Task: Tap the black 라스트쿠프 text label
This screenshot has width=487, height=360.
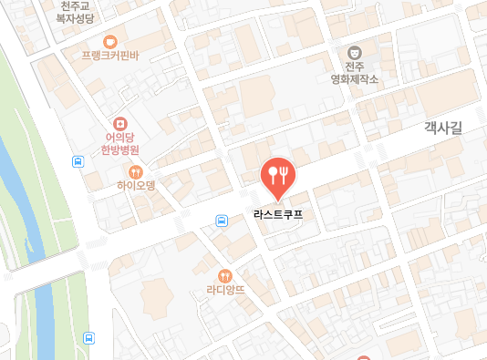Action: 278,216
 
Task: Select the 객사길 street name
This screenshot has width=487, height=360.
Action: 443,129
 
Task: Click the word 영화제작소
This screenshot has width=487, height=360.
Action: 354,79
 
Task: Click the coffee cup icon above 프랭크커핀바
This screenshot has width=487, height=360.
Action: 110,40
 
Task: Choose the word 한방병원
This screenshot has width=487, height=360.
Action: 119,151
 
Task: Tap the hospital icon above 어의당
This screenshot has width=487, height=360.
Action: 119,123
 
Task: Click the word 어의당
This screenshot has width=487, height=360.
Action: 119,139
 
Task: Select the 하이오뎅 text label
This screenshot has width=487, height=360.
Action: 137,185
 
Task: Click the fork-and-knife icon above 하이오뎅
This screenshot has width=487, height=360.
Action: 137,170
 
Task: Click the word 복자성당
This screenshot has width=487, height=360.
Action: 75,17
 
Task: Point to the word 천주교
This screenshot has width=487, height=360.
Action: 75,5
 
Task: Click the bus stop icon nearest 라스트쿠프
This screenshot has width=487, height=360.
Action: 222,221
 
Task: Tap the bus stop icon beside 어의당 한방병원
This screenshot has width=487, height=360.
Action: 79,162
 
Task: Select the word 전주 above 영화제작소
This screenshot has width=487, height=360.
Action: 354,67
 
